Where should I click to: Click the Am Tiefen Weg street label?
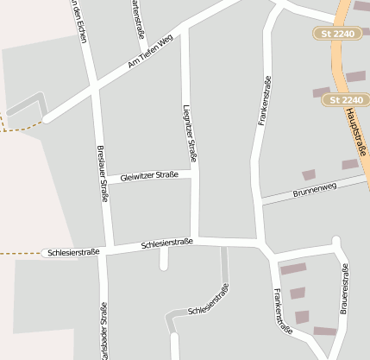pos(150,52)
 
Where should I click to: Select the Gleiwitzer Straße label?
pos(149,175)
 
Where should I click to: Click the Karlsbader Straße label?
pos(103,332)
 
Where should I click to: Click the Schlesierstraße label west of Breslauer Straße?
pos(73,252)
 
